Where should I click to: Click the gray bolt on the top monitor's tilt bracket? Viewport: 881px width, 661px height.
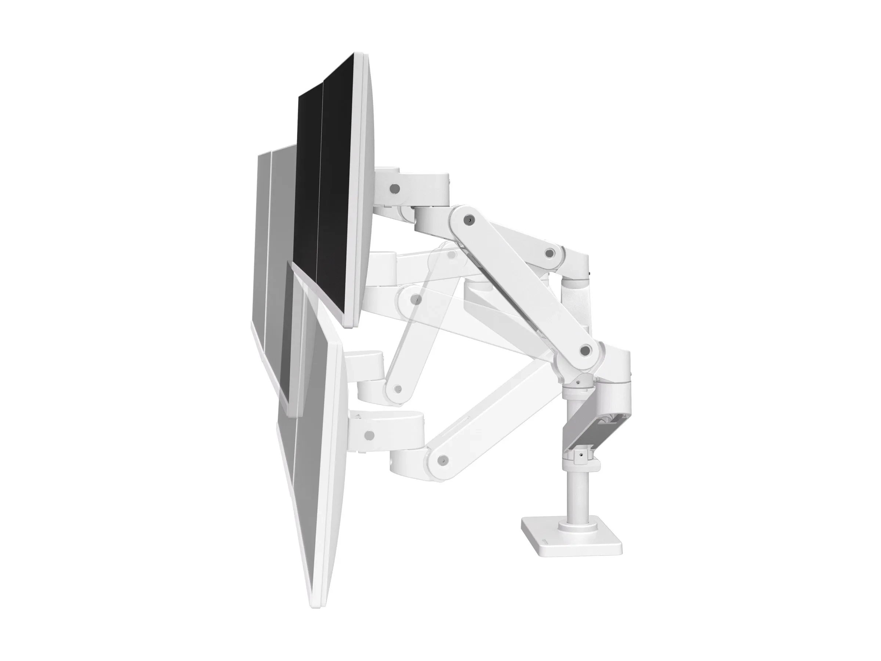pyautogui.click(x=394, y=187)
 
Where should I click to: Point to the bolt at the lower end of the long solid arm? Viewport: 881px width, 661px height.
pyautogui.click(x=585, y=351)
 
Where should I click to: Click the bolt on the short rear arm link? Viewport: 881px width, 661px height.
pyautogui.click(x=550, y=252)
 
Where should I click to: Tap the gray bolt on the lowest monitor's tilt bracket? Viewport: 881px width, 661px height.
pyautogui.click(x=369, y=434)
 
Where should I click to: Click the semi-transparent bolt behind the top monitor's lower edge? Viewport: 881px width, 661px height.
pyautogui.click(x=416, y=299)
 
